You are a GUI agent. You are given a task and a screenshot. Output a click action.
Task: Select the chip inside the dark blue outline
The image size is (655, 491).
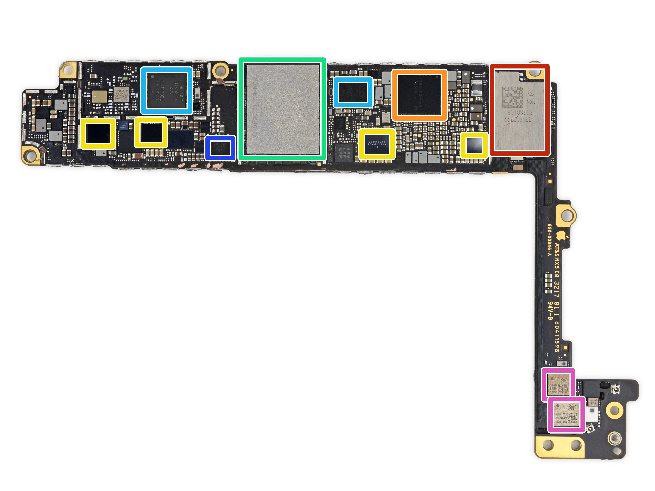[x=220, y=148]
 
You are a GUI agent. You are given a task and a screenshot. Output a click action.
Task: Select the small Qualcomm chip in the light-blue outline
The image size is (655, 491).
[x=353, y=92]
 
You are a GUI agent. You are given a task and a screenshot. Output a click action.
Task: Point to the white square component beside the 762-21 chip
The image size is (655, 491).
[x=592, y=411]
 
